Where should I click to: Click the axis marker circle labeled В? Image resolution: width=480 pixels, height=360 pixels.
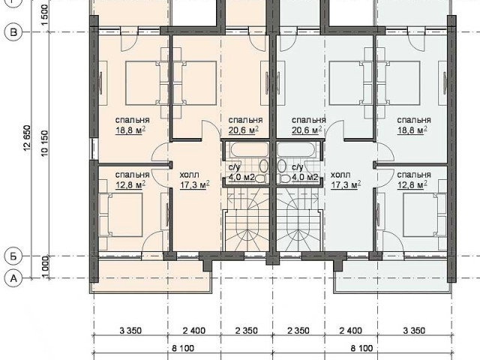click(x=13, y=32)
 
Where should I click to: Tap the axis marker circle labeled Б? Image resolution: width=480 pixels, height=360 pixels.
click(x=13, y=256)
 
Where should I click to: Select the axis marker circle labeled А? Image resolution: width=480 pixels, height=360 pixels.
click(x=13, y=278)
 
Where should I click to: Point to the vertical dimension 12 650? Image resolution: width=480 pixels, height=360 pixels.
click(x=27, y=138)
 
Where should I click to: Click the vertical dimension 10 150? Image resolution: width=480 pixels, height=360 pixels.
click(x=45, y=143)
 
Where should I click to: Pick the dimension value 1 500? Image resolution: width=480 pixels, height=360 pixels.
click(x=45, y=15)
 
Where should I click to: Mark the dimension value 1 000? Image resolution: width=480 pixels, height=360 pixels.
click(x=45, y=267)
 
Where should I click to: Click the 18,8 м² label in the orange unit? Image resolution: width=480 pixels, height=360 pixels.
click(x=130, y=130)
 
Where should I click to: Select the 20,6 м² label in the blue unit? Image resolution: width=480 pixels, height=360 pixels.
click(x=307, y=130)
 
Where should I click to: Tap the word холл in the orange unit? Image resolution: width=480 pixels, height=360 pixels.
click(x=189, y=175)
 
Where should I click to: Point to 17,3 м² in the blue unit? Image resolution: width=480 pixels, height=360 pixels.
click(x=346, y=185)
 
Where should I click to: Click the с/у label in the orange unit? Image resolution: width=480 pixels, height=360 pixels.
click(x=235, y=167)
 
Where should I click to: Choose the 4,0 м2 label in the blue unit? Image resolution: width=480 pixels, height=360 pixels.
click(x=305, y=177)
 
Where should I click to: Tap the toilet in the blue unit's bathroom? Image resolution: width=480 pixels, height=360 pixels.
click(x=284, y=178)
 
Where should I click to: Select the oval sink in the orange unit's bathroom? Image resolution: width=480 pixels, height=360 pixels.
click(x=264, y=166)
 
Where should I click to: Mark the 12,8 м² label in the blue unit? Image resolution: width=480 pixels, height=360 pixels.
click(x=412, y=185)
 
